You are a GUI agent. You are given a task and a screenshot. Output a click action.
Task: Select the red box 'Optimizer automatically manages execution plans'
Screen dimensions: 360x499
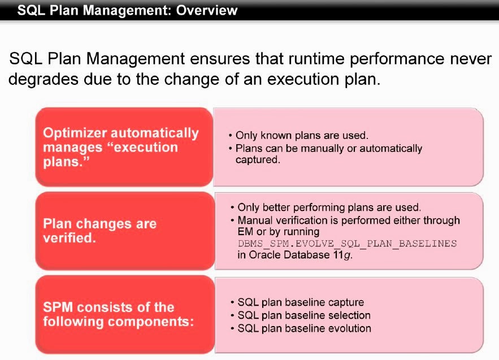(123, 147)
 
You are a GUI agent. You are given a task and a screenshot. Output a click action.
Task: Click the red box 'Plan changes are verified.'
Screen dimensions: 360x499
(123, 231)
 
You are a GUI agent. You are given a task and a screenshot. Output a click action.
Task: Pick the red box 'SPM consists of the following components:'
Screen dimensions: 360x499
(123, 315)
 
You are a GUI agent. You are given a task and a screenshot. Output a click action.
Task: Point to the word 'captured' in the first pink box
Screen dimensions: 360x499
(257, 160)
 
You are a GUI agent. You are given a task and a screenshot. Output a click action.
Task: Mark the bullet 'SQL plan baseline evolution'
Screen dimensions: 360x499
(304, 328)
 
